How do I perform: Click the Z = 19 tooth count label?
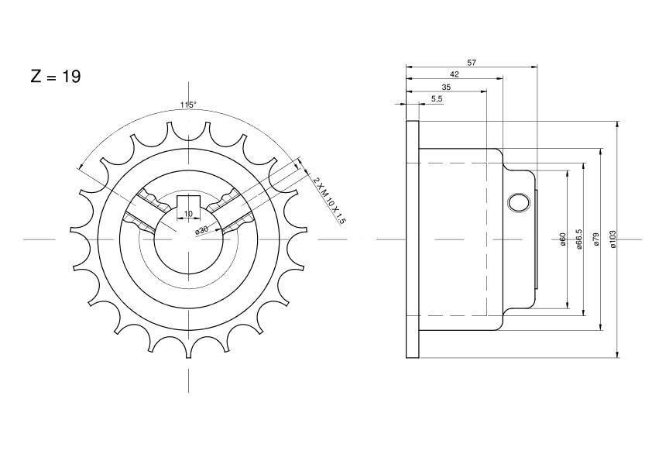(55, 76)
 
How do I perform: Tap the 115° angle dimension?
(188, 105)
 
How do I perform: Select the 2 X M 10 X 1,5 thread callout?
(329, 200)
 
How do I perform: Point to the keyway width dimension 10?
(188, 213)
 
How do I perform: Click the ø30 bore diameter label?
(201, 229)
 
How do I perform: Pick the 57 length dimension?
(472, 63)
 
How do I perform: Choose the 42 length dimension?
(455, 74)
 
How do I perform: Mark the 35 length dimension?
(446, 87)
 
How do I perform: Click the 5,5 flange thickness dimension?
(437, 98)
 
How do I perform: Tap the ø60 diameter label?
(563, 239)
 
